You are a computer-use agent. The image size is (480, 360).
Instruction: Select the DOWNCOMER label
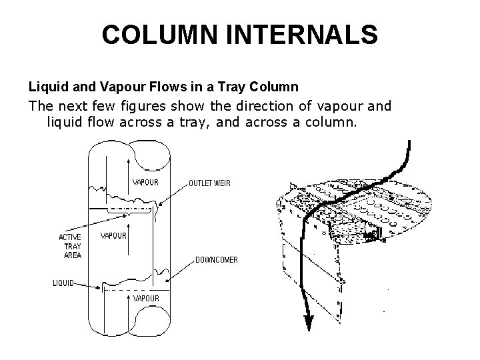click(217, 259)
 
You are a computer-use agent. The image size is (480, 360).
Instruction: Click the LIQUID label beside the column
click(65, 283)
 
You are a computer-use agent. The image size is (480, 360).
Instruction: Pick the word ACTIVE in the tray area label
click(70, 237)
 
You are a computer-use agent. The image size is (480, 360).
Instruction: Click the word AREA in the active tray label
click(72, 255)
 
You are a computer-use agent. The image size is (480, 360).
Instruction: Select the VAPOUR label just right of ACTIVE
click(113, 235)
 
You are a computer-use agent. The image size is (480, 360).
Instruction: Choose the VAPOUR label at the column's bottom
click(146, 299)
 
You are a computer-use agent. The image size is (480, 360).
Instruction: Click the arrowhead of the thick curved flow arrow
click(309, 323)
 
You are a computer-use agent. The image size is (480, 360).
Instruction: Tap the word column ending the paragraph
click(336, 122)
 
